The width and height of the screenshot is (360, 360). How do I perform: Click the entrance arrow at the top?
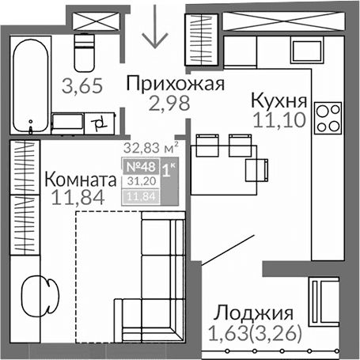[154, 27]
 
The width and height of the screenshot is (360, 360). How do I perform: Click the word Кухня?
[279, 100]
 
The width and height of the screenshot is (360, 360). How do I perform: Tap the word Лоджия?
[255, 313]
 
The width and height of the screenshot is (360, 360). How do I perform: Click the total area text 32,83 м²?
[149, 146]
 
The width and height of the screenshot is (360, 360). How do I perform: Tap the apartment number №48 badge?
[139, 166]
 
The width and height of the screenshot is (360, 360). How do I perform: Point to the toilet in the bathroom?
[82, 52]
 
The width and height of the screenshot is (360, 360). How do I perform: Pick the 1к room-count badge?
[169, 168]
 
